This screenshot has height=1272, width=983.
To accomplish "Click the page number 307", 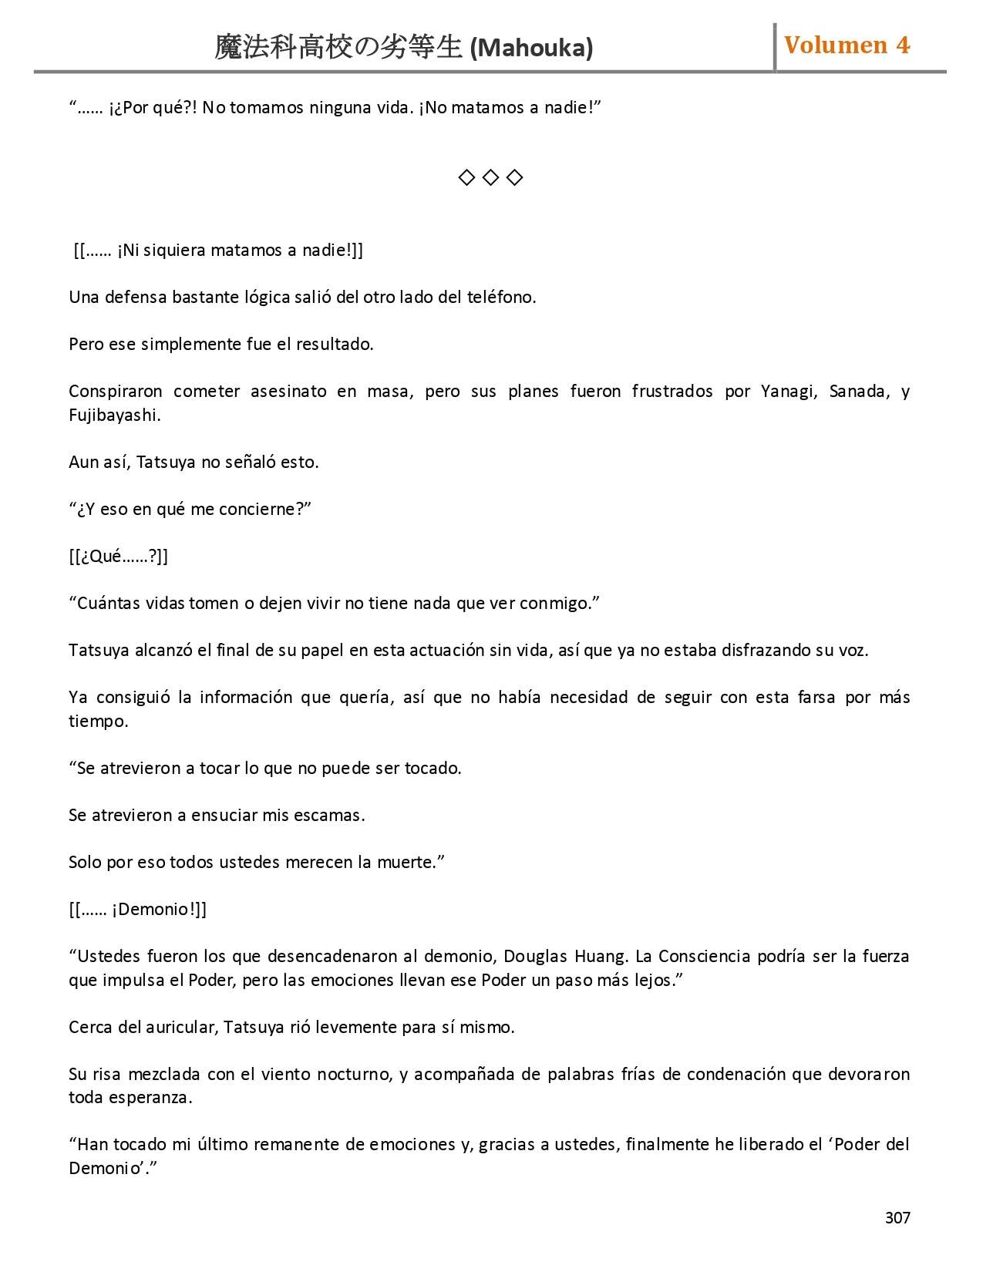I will click(x=897, y=1217).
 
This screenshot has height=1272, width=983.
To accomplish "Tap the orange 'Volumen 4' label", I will click(x=847, y=45).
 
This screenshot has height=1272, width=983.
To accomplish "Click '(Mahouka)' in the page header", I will click(x=531, y=48).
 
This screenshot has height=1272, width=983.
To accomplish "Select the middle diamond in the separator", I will click(x=490, y=178).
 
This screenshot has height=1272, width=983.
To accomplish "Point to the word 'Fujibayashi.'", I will click(x=115, y=415).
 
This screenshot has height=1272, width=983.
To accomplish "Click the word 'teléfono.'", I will click(x=501, y=297).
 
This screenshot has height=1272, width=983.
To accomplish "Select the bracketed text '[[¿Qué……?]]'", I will click(x=119, y=556).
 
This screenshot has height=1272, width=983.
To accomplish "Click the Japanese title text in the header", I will click(x=338, y=48).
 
